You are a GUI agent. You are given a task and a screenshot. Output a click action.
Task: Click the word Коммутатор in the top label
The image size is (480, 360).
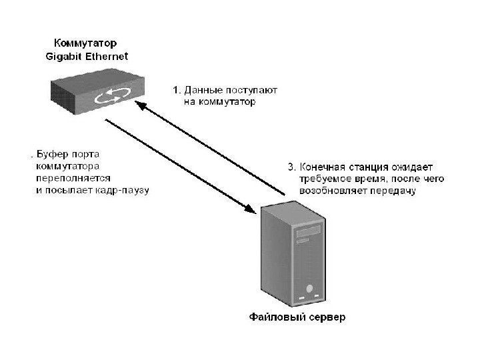(80, 43)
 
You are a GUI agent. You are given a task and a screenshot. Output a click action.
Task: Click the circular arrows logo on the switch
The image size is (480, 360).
(109, 97)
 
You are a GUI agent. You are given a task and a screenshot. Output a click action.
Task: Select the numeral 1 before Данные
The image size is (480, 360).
(176, 90)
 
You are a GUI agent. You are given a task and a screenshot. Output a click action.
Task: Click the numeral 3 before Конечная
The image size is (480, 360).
(290, 167)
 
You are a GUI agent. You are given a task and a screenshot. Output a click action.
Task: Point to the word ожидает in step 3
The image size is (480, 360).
(414, 167)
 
